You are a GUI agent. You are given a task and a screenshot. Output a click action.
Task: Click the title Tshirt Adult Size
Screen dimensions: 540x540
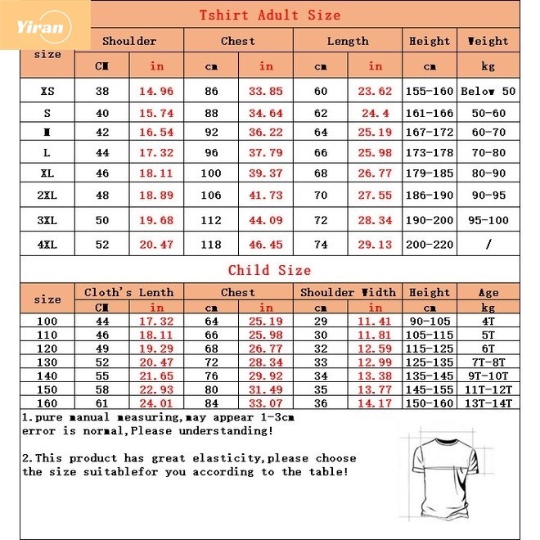[270, 16]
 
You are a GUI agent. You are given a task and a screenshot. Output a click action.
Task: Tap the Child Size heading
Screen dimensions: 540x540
[269, 270]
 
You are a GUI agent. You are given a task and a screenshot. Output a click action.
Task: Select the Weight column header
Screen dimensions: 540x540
[488, 41]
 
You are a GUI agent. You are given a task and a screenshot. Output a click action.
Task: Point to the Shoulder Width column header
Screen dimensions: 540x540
[348, 292]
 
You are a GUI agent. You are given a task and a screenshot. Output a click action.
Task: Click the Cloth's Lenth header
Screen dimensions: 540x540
[129, 292]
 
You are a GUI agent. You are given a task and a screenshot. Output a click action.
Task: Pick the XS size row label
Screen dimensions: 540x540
[47, 92]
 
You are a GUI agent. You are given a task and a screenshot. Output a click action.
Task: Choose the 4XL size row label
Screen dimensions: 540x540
[47, 244]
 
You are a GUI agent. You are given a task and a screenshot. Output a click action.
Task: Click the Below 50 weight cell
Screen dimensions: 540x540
[488, 92]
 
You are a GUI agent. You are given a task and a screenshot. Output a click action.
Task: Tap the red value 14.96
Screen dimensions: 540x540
[156, 92]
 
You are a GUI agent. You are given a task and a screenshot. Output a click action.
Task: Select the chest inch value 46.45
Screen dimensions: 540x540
[266, 244]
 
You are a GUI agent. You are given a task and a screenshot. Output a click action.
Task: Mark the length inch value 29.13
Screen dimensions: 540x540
[375, 244]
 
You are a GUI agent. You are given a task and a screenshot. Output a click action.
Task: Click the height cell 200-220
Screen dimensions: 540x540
[430, 244]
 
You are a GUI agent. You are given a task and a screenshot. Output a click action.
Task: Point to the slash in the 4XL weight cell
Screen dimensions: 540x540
[488, 244]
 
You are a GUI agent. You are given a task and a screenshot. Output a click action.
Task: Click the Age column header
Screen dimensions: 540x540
[488, 292]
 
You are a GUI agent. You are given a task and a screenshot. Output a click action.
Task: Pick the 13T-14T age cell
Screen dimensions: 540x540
[488, 403]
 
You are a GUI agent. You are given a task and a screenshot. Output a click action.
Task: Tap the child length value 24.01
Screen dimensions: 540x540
[156, 403]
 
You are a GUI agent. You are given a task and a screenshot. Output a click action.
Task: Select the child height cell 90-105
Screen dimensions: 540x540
[430, 322]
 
